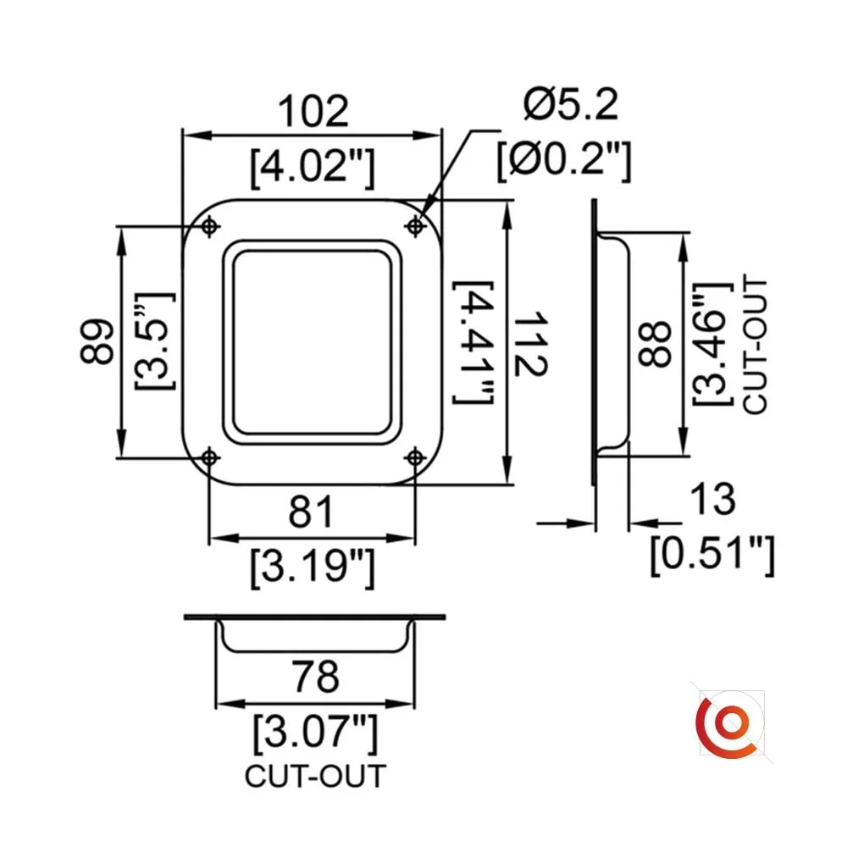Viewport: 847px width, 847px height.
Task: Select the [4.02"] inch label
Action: coord(313,167)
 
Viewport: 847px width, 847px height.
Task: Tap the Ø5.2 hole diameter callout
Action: coord(570,106)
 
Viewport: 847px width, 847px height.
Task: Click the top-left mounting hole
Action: coord(209,226)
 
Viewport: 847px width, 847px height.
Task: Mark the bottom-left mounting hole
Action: coord(209,458)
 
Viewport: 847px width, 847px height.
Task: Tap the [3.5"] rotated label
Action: coord(155,342)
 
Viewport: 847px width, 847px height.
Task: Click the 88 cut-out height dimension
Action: coord(655,343)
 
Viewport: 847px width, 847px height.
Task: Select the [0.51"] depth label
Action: coord(711,555)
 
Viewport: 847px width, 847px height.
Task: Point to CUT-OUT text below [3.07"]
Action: coord(315,776)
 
